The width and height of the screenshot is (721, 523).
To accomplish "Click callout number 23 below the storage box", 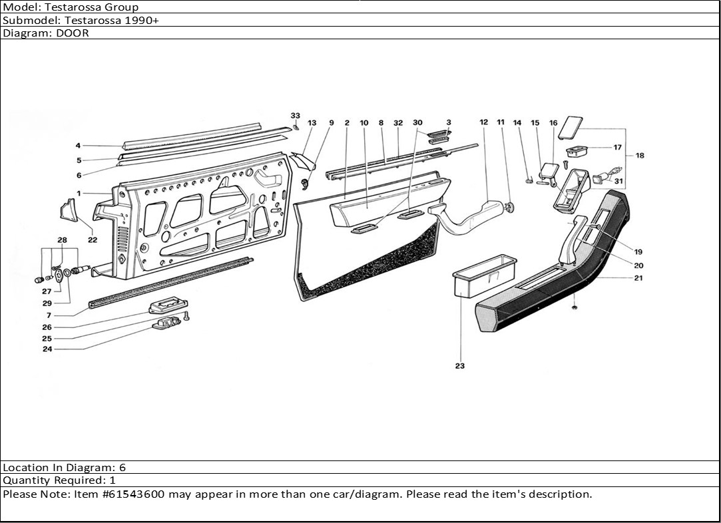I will pyautogui.click(x=460, y=366).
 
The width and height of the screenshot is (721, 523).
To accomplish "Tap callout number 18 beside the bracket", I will pyautogui.click(x=640, y=156).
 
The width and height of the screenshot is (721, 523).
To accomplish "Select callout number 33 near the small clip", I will pyautogui.click(x=296, y=116).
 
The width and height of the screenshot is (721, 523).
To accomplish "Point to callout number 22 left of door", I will pyautogui.click(x=92, y=240).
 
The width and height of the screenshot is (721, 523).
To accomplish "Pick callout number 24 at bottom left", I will pyautogui.click(x=47, y=349).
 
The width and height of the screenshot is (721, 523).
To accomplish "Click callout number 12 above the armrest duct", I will pyautogui.click(x=483, y=122).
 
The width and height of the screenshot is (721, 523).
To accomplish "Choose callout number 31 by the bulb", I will pyautogui.click(x=618, y=181).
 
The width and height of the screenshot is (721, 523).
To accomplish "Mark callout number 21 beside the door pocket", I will pyautogui.click(x=638, y=278).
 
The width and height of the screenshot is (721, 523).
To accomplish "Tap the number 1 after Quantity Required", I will pyautogui.click(x=113, y=480).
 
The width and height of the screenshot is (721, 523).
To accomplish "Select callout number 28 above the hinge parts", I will pyautogui.click(x=62, y=240).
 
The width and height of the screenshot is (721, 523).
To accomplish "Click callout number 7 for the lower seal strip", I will pyautogui.click(x=49, y=315).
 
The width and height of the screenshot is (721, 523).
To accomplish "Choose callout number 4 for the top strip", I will pyautogui.click(x=78, y=146).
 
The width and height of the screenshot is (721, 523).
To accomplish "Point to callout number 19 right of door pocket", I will pyautogui.click(x=638, y=252).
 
